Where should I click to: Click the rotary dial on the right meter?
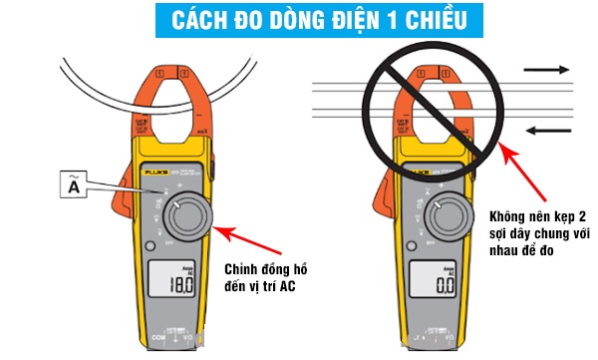coord(446,211)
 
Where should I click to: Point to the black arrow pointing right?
coord(549,70)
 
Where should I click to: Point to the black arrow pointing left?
coord(549,129)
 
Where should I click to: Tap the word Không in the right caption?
coord(508,216)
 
